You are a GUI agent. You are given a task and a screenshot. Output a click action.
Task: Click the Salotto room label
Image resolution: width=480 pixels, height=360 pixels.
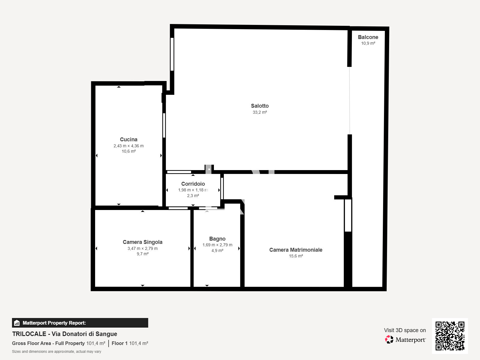click(x=260, y=106)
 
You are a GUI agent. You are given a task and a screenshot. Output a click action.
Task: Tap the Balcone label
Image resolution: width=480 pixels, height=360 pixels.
click(x=368, y=37)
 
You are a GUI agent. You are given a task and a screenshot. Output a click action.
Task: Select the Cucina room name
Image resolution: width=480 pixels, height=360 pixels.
click(x=129, y=139)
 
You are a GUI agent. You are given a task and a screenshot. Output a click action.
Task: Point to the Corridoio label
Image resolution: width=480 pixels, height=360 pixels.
click(x=193, y=184)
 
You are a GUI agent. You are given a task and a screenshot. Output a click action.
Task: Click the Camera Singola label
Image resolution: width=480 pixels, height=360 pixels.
click(x=142, y=242)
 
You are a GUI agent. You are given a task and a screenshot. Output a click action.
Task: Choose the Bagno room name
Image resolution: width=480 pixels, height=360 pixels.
click(x=217, y=239)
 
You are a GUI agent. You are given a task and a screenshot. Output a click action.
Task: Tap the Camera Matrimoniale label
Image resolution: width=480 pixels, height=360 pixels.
click(x=296, y=250)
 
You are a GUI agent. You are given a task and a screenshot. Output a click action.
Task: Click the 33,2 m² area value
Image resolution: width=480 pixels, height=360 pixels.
click(x=260, y=112)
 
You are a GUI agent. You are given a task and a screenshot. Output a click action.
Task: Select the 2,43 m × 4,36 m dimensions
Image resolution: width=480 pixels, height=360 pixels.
click(x=129, y=146)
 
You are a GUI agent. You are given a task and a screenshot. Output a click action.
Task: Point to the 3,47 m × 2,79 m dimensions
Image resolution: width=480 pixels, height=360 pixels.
click(x=142, y=248)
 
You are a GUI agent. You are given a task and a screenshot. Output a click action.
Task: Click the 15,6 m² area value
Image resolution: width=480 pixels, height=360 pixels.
click(x=296, y=256)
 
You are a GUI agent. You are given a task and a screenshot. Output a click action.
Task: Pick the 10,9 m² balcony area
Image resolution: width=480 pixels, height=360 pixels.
click(x=368, y=43)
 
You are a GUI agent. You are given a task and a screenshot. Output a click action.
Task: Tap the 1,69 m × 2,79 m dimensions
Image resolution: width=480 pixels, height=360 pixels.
click(x=217, y=245)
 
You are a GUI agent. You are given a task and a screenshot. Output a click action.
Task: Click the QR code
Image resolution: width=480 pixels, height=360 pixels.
click(x=450, y=336)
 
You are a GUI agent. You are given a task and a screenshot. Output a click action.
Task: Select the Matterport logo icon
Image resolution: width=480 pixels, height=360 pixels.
click(x=389, y=340)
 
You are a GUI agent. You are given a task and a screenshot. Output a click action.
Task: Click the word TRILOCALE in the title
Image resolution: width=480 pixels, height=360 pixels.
click(x=29, y=334)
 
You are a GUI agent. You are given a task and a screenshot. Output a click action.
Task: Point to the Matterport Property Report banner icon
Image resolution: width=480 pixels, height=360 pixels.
click(x=17, y=323)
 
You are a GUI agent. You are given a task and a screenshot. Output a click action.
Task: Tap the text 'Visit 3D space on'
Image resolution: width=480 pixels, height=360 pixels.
click(x=405, y=330)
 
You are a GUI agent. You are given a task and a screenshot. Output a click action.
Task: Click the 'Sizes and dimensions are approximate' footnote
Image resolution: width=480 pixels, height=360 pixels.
click(x=57, y=352)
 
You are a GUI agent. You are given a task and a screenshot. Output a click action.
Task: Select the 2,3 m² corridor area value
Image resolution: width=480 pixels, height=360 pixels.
click(x=193, y=196)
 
